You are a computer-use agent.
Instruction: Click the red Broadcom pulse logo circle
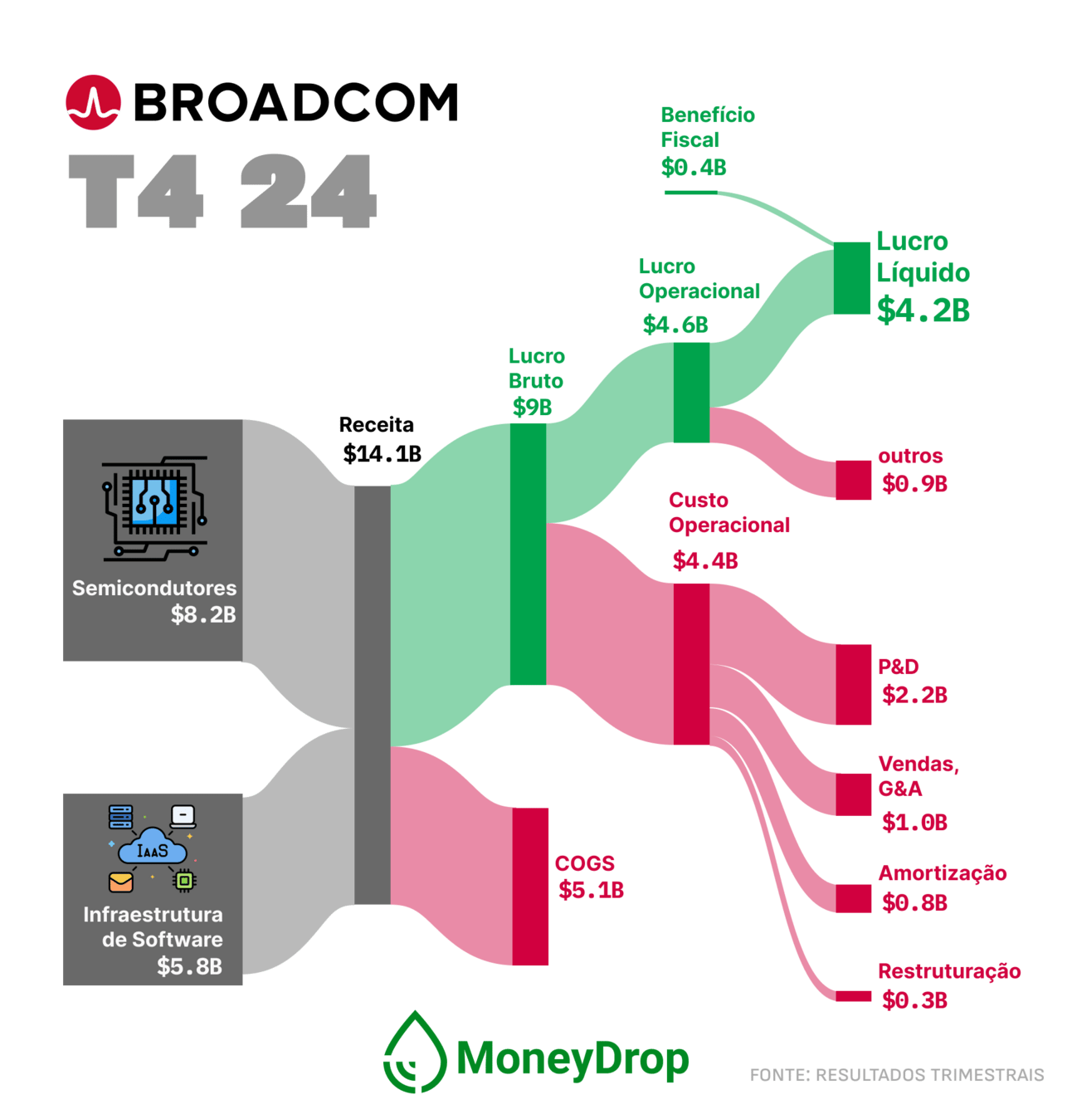[x=93, y=102]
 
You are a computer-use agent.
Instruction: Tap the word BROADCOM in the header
[x=296, y=102]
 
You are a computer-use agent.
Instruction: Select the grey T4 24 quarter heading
[x=222, y=191]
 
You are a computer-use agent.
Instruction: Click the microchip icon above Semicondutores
[x=154, y=509]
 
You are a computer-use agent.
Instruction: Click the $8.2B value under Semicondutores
[x=203, y=614]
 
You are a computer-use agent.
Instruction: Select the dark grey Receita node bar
[x=372, y=695]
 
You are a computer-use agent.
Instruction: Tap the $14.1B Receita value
[x=383, y=454]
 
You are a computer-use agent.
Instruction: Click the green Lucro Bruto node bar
[x=529, y=554]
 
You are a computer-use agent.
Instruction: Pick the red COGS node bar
[x=530, y=886]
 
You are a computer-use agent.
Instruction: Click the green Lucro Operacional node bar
[x=691, y=392]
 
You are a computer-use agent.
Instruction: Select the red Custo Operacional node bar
[x=691, y=663]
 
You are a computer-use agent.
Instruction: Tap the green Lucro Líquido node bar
[x=852, y=278]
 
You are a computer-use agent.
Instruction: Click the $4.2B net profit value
[x=923, y=310]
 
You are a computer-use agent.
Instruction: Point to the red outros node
[x=853, y=480]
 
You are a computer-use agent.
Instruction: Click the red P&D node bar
[x=853, y=684]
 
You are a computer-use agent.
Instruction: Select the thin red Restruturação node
[x=853, y=996]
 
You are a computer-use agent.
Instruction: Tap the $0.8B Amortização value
[x=914, y=902]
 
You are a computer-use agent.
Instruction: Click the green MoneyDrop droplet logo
[x=415, y=1052]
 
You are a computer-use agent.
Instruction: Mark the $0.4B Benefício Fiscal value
[x=694, y=168]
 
